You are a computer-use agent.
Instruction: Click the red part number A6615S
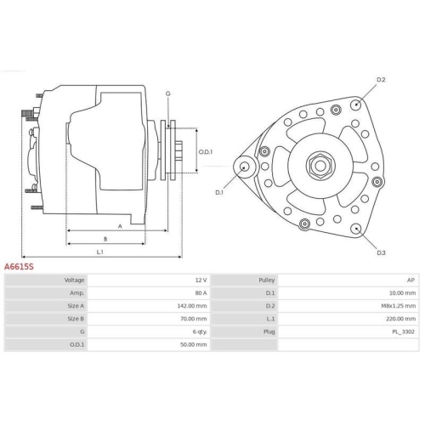pos(20,266)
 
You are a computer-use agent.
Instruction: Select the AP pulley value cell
pos(411,280)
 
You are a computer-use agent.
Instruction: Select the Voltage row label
pos(74,280)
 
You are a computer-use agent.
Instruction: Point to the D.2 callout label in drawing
pos(381,80)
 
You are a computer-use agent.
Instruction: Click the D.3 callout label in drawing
pos(381,252)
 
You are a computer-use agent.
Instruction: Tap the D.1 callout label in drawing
pos(219,192)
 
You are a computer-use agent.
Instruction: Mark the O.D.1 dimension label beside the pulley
pos(205,152)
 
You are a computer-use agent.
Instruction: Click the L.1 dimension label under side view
pos(99,252)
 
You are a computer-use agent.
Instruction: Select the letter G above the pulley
pos(168,93)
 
